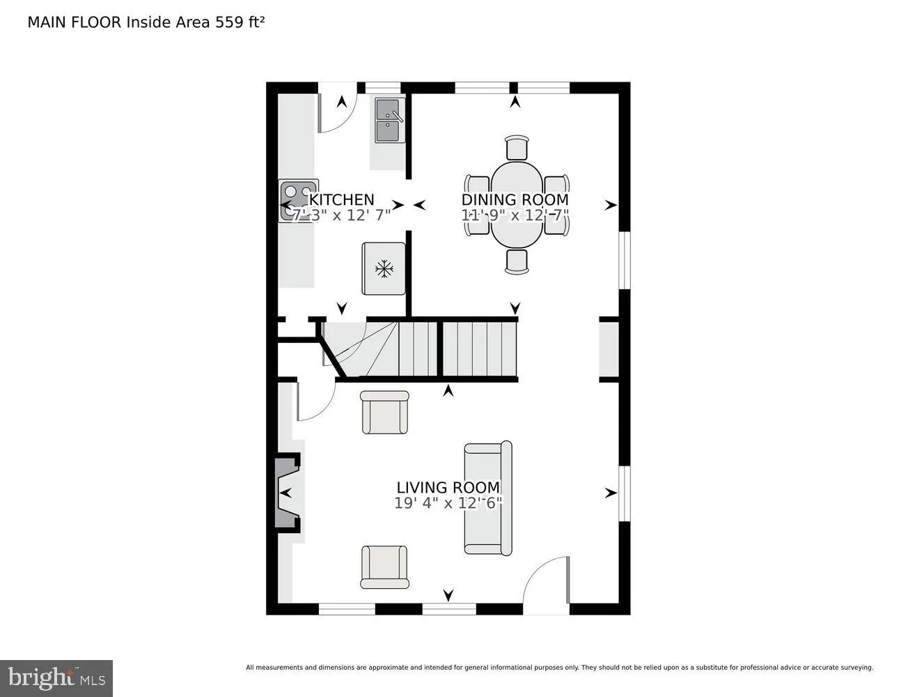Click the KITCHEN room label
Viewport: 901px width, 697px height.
pyautogui.click(x=341, y=200)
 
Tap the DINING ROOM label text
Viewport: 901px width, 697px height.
pyautogui.click(x=515, y=200)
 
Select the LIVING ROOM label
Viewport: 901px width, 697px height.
pyautogui.click(x=448, y=487)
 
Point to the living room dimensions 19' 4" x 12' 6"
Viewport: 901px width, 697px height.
pyautogui.click(x=448, y=503)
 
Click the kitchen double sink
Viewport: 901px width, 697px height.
pyautogui.click(x=389, y=120)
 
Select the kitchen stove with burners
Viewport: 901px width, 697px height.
pyautogui.click(x=298, y=201)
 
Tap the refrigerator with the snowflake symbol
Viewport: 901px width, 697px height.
pyautogui.click(x=384, y=268)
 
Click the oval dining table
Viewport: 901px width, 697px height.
pyautogui.click(x=516, y=205)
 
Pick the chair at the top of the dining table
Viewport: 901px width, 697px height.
pyautogui.click(x=516, y=148)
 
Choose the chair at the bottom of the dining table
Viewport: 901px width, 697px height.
pyautogui.click(x=516, y=261)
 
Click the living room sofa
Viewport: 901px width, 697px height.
pyautogui.click(x=488, y=498)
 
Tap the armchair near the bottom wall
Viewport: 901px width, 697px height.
pyautogui.click(x=384, y=567)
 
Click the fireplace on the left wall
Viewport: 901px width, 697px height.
pyautogui.click(x=286, y=493)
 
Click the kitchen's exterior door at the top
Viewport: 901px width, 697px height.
pyautogui.click(x=337, y=108)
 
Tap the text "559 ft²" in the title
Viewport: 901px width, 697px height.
pyautogui.click(x=240, y=22)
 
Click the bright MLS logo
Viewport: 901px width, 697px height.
pyautogui.click(x=56, y=677)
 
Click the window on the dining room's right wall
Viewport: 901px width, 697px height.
pyautogui.click(x=625, y=259)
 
